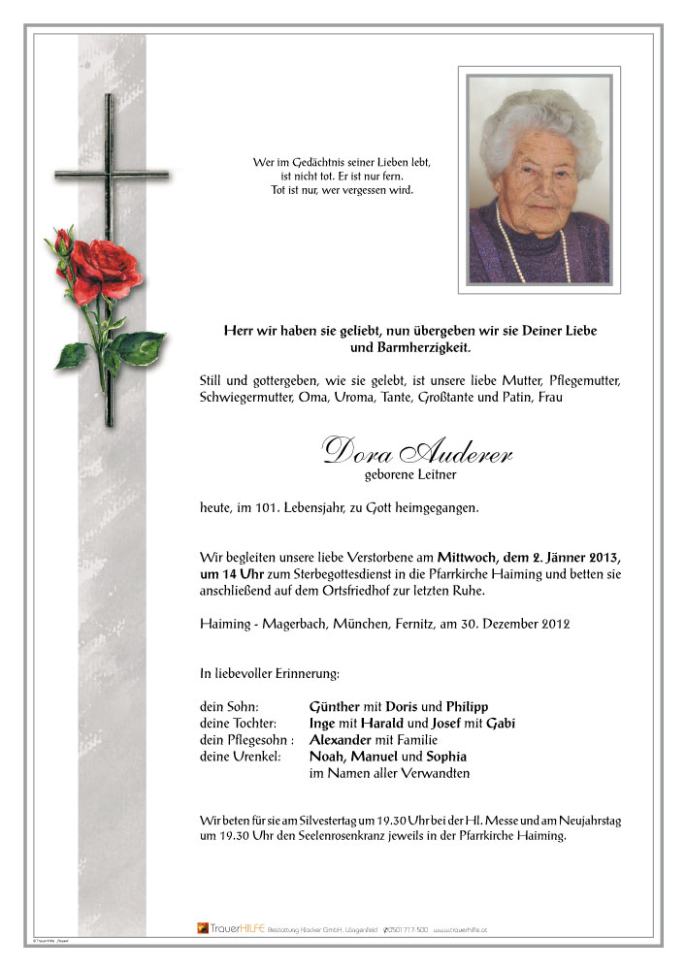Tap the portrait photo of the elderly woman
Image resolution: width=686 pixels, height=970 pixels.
tap(539, 179)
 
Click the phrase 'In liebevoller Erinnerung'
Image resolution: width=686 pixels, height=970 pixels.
tap(270, 671)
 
